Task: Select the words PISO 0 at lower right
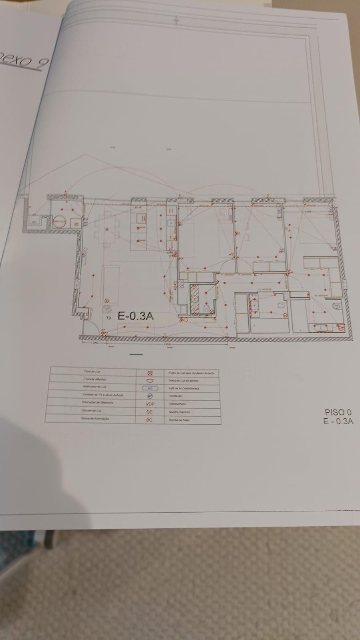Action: pyautogui.click(x=338, y=412)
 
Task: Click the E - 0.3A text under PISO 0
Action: pyautogui.click(x=338, y=421)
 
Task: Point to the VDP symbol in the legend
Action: pyautogui.click(x=149, y=404)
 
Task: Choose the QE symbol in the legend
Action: pyautogui.click(x=149, y=412)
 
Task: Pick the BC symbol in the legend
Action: pyautogui.click(x=149, y=420)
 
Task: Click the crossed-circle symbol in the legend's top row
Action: pyautogui.click(x=150, y=373)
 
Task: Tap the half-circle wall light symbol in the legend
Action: pyautogui.click(x=150, y=380)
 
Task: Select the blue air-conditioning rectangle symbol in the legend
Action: pyautogui.click(x=150, y=388)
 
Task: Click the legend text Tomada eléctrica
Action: pyautogui.click(x=93, y=379)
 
